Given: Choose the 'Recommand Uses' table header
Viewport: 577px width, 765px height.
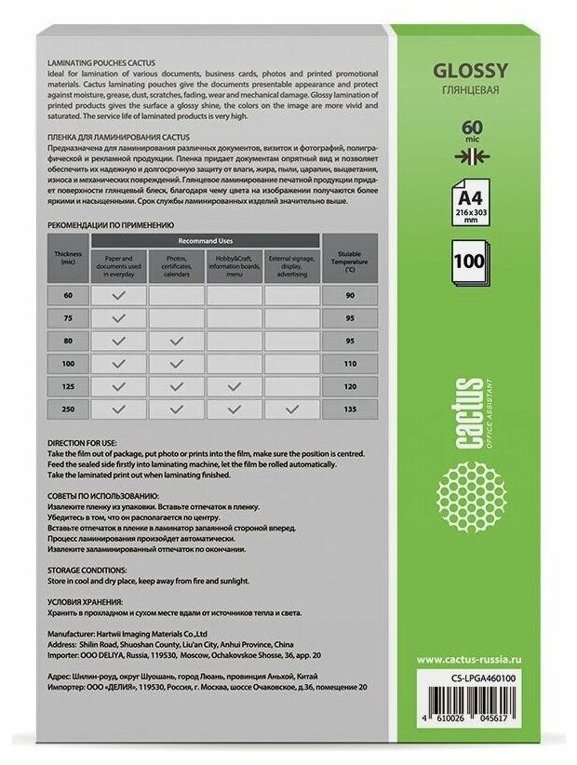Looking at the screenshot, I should click(206, 240).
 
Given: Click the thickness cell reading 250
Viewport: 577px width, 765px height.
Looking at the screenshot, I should click(68, 409).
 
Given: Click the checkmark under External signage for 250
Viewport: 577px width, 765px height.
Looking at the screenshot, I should click(292, 409).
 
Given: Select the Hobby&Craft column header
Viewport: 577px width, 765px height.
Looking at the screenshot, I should click(234, 262).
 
